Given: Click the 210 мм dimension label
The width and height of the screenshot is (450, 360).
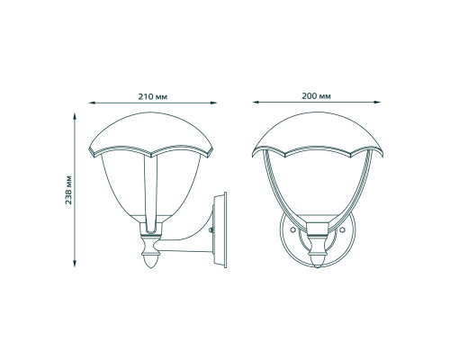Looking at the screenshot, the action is tap(153, 97).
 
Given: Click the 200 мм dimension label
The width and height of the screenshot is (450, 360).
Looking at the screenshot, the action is tap(316, 96).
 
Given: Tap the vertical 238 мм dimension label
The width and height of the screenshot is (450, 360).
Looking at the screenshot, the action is tap(68, 190).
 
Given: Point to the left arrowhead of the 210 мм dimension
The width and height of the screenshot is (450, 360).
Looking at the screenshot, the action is tap(92, 103).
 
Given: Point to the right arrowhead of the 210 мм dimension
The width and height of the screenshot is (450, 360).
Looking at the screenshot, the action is tap(213, 103).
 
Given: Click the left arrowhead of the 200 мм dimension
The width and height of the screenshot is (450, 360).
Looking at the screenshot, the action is tap(256, 103).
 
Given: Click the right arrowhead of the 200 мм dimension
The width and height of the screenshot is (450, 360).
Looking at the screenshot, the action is tap(377, 103).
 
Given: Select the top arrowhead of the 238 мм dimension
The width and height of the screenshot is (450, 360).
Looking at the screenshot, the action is tap(75, 116).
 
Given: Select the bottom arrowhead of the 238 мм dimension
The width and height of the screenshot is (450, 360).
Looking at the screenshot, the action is tap(75, 264).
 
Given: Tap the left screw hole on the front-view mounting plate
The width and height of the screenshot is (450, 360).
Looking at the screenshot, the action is tap(293, 229).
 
